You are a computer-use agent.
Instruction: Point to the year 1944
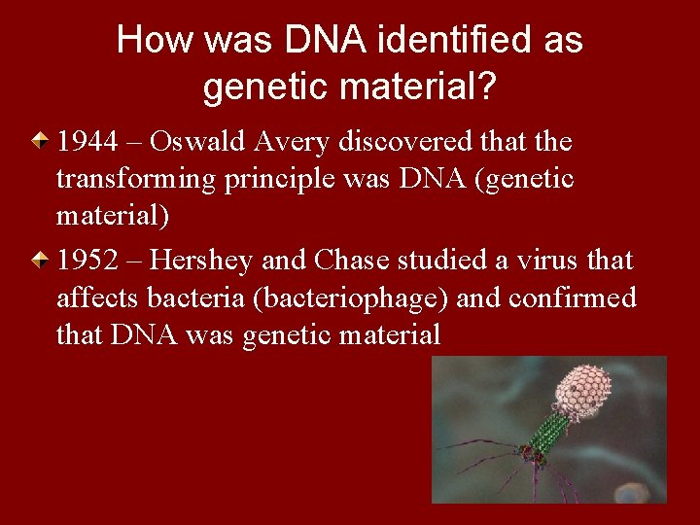point(87,142)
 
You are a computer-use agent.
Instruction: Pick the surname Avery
point(291,142)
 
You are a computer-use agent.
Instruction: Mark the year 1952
point(87,261)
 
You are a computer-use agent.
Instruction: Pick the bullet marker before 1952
point(40,262)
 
